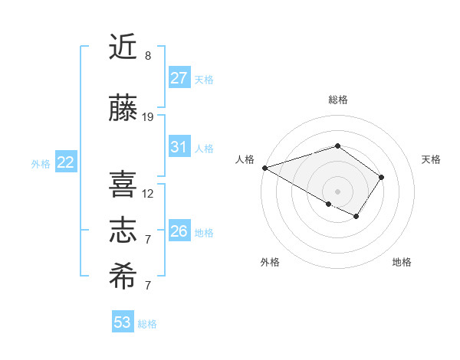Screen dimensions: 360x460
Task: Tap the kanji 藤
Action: [123, 109]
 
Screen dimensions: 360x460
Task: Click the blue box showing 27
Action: [179, 78]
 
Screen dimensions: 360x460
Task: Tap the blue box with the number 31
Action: [179, 147]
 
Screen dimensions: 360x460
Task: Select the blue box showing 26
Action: [179, 231]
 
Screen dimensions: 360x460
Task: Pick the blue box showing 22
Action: [66, 162]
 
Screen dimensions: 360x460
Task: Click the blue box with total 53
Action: [123, 322]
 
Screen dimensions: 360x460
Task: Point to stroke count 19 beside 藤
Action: [148, 117]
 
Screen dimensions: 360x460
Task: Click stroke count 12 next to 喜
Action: [148, 194]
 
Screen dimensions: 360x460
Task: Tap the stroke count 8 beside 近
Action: [148, 56]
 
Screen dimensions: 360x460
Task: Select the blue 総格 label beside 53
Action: [147, 324]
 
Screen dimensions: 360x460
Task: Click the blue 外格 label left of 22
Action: [41, 163]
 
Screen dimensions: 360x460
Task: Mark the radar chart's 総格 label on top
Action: [337, 100]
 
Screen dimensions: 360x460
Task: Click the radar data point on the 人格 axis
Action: [264, 167]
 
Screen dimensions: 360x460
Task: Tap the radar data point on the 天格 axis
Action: [381, 177]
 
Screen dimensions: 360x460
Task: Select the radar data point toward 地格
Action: [356, 217]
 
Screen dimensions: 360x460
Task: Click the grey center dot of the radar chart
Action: [337, 191]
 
